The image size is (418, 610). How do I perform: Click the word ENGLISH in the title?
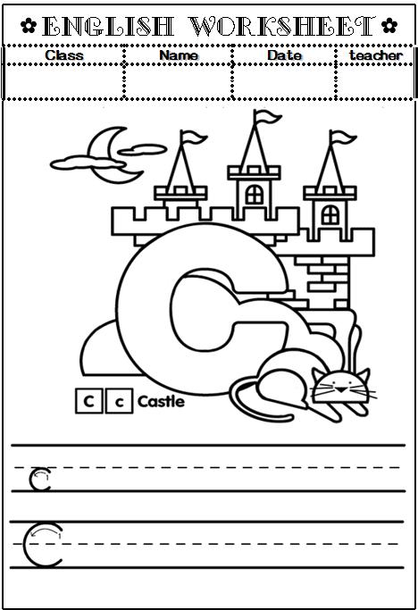click(x=107, y=27)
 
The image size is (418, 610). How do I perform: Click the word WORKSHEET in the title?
click(x=283, y=27)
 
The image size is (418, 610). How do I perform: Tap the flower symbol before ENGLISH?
click(x=29, y=26)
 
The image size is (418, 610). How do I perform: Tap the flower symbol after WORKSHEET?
click(x=389, y=26)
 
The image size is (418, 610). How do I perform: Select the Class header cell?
click(x=64, y=55)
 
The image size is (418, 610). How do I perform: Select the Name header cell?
click(x=179, y=55)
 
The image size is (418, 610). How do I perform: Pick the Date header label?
click(x=285, y=55)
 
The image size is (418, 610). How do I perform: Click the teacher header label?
click(x=376, y=55)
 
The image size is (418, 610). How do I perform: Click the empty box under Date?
click(x=284, y=81)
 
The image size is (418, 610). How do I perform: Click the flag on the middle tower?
click(x=268, y=116)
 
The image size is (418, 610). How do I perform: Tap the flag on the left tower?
click(x=194, y=137)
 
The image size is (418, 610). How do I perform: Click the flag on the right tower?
click(x=343, y=137)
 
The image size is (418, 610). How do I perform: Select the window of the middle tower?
click(x=255, y=194)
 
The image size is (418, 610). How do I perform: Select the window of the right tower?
click(x=330, y=214)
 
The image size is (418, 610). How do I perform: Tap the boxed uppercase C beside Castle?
click(x=89, y=401)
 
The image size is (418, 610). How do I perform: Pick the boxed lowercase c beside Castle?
click(x=119, y=401)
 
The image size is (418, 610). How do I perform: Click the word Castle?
click(x=161, y=401)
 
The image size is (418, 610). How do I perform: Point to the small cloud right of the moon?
click(x=142, y=149)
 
